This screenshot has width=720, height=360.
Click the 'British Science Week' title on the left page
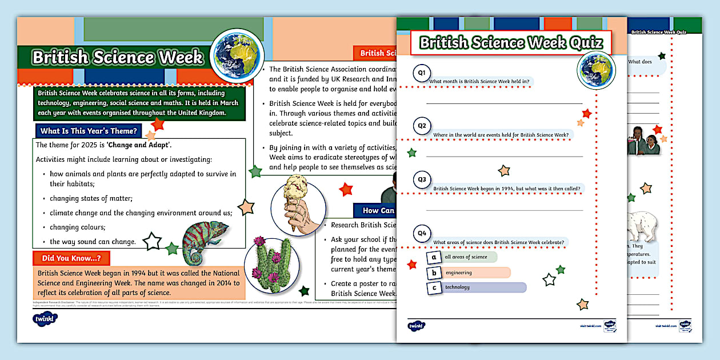(x=117, y=58)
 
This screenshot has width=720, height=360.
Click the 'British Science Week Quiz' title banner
(x=510, y=43)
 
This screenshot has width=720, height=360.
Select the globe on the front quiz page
(x=595, y=70)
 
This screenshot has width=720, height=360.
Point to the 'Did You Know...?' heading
(x=71, y=258)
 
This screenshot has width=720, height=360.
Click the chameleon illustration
(x=205, y=238)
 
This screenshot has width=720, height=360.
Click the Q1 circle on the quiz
(x=422, y=73)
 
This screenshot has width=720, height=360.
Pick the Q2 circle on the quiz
(x=422, y=126)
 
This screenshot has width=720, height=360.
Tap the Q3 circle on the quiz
(x=422, y=179)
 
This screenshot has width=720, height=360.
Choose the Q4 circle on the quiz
(x=422, y=233)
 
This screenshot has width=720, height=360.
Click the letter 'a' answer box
(x=434, y=257)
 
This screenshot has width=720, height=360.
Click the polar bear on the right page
(x=643, y=229)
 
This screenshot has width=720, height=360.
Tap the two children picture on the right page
(x=644, y=141)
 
